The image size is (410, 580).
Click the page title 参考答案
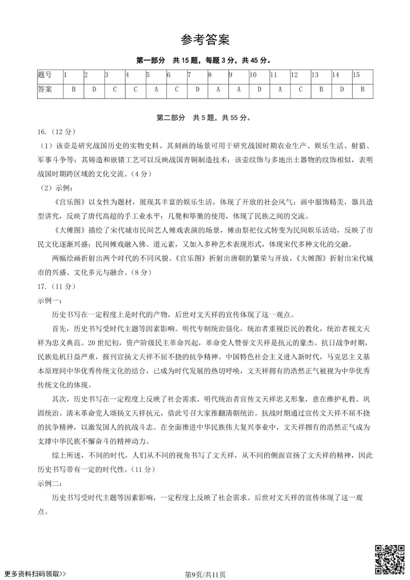pyautogui.click(x=205, y=40)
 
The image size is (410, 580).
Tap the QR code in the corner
pyautogui.click(x=390, y=559)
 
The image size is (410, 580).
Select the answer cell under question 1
pyautogui.click(x=73, y=90)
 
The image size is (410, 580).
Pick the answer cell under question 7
pyautogui.click(x=197, y=90)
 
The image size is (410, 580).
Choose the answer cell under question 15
pyautogui.click(x=363, y=90)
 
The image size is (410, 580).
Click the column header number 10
pyautogui.click(x=253, y=75)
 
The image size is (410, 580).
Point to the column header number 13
pyautogui.click(x=315, y=75)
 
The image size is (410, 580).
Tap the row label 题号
pyautogui.click(x=45, y=75)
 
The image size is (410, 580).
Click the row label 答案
pyautogui.click(x=45, y=90)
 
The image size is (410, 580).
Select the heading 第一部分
pyautogui.click(x=151, y=60)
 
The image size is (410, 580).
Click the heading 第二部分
pyautogui.click(x=171, y=118)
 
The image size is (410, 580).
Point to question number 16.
pyautogui.click(x=42, y=132)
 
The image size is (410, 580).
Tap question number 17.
pyautogui.click(x=42, y=286)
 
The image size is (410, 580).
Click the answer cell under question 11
pyautogui.click(x=280, y=90)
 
